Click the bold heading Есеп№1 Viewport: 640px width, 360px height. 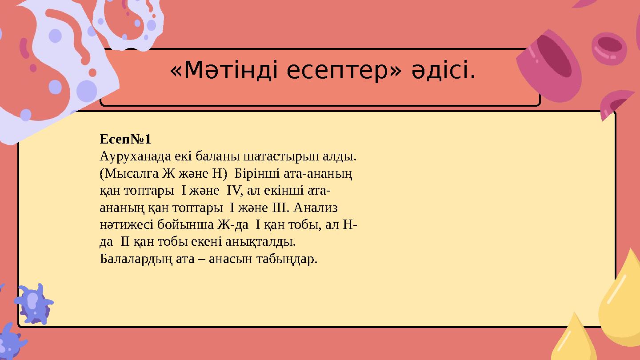pos(125,140)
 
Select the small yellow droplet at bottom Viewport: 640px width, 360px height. pos(575,340)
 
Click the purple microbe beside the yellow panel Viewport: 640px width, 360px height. pos(34,304)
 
